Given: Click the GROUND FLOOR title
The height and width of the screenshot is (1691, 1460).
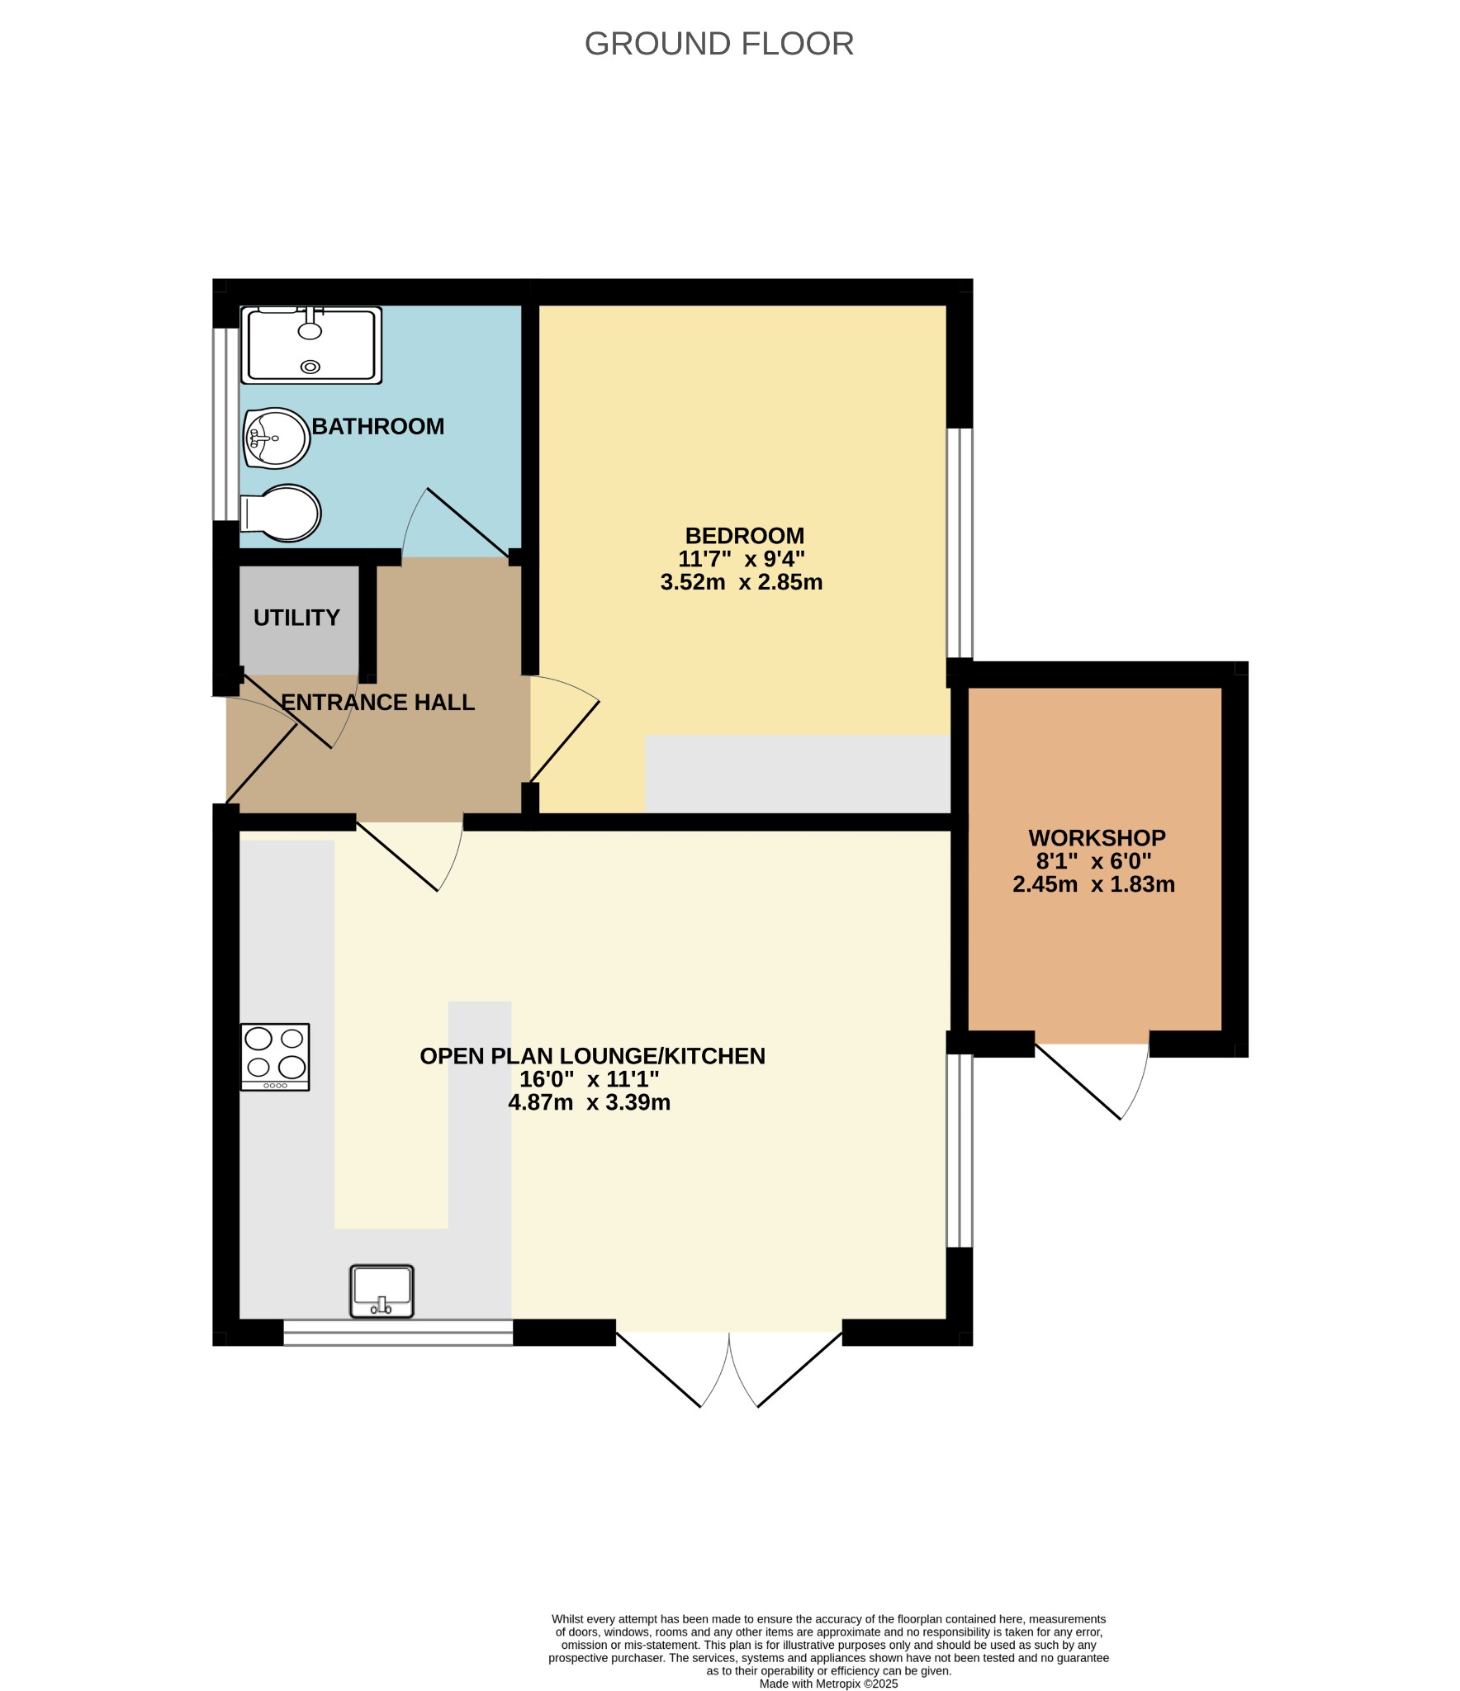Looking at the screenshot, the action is (718, 44).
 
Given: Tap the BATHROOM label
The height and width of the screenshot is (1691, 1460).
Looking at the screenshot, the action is (377, 426).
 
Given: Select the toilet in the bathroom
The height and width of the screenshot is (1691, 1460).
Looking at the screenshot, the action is (280, 513).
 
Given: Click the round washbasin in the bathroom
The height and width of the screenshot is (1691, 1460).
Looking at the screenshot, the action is (277, 438).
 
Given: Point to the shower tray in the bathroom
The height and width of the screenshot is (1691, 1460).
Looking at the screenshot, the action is (311, 345).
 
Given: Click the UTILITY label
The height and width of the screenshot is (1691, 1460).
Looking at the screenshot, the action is (296, 618).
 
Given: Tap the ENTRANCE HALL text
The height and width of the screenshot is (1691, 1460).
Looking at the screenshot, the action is (377, 702).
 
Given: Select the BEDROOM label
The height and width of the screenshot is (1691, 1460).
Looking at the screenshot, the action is (744, 536).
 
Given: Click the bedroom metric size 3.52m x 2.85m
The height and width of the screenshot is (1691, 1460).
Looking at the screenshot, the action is (742, 582).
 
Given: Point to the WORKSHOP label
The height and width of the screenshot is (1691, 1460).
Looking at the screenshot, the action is (1097, 838).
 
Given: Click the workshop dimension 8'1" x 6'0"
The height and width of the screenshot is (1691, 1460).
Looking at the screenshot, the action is (1094, 861).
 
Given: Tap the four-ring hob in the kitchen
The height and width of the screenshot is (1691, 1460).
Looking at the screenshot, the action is (275, 1057).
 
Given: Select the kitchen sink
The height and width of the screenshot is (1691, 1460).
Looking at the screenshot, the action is (382, 1291).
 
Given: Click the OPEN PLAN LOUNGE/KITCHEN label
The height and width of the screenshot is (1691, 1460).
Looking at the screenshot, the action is (592, 1056).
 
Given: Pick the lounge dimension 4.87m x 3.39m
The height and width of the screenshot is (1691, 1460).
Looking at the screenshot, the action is (589, 1102).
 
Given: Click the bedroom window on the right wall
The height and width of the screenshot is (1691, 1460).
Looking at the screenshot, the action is (959, 542).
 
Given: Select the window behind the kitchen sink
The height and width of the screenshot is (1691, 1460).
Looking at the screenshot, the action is (398, 1332).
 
